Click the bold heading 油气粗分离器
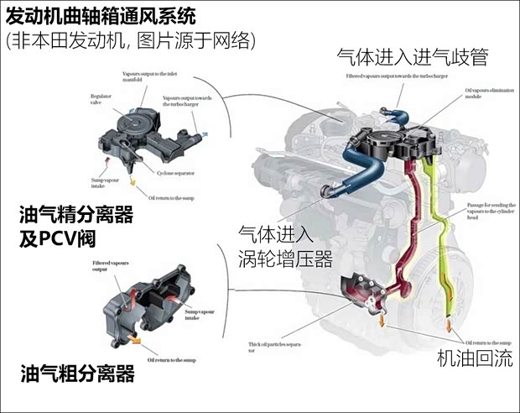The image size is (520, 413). tap(78, 372)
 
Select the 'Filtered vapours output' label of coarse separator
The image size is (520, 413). tap(111, 268)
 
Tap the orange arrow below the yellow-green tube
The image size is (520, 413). tap(450, 324)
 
